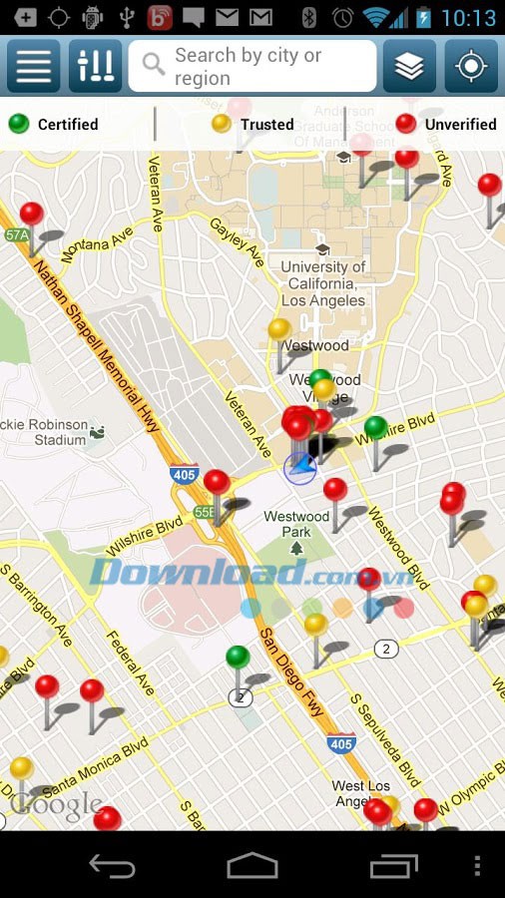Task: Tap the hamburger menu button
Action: [34, 66]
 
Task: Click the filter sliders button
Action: [96, 66]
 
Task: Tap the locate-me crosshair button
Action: [471, 66]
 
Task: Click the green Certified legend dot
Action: [19, 124]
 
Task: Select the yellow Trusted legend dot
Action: [222, 124]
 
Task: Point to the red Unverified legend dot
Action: [406, 124]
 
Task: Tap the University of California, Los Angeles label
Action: [322, 283]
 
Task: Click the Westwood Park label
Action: [296, 524]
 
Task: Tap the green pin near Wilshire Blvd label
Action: [375, 428]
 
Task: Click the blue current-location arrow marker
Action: [300, 467]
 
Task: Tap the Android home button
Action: [252, 865]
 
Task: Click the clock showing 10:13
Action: [468, 17]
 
